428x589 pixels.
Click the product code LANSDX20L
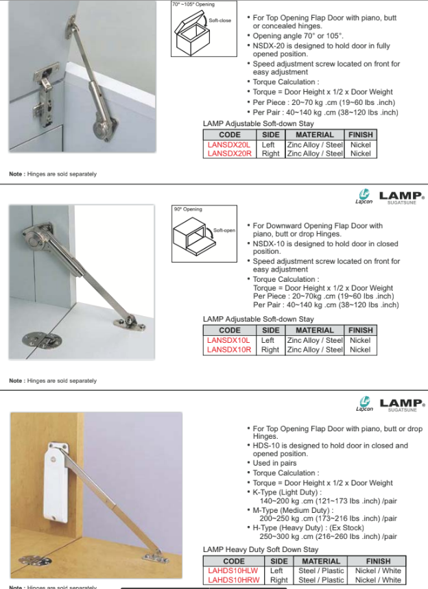tap(229, 145)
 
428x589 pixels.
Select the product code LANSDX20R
tap(229, 154)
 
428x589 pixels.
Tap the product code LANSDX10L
tap(229, 340)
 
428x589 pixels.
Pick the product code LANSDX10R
tap(229, 350)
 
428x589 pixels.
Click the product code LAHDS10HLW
tap(233, 570)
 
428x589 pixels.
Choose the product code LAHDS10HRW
tap(233, 580)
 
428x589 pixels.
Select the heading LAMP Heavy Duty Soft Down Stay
tap(261, 550)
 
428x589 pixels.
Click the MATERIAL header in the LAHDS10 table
tap(321, 561)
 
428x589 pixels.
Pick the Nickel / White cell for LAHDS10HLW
tap(378, 570)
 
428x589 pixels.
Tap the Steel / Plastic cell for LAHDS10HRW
tap(321, 580)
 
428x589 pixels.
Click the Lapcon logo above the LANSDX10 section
tap(364, 197)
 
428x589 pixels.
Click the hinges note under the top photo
tap(53, 174)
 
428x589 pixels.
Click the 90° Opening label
tap(188, 209)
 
